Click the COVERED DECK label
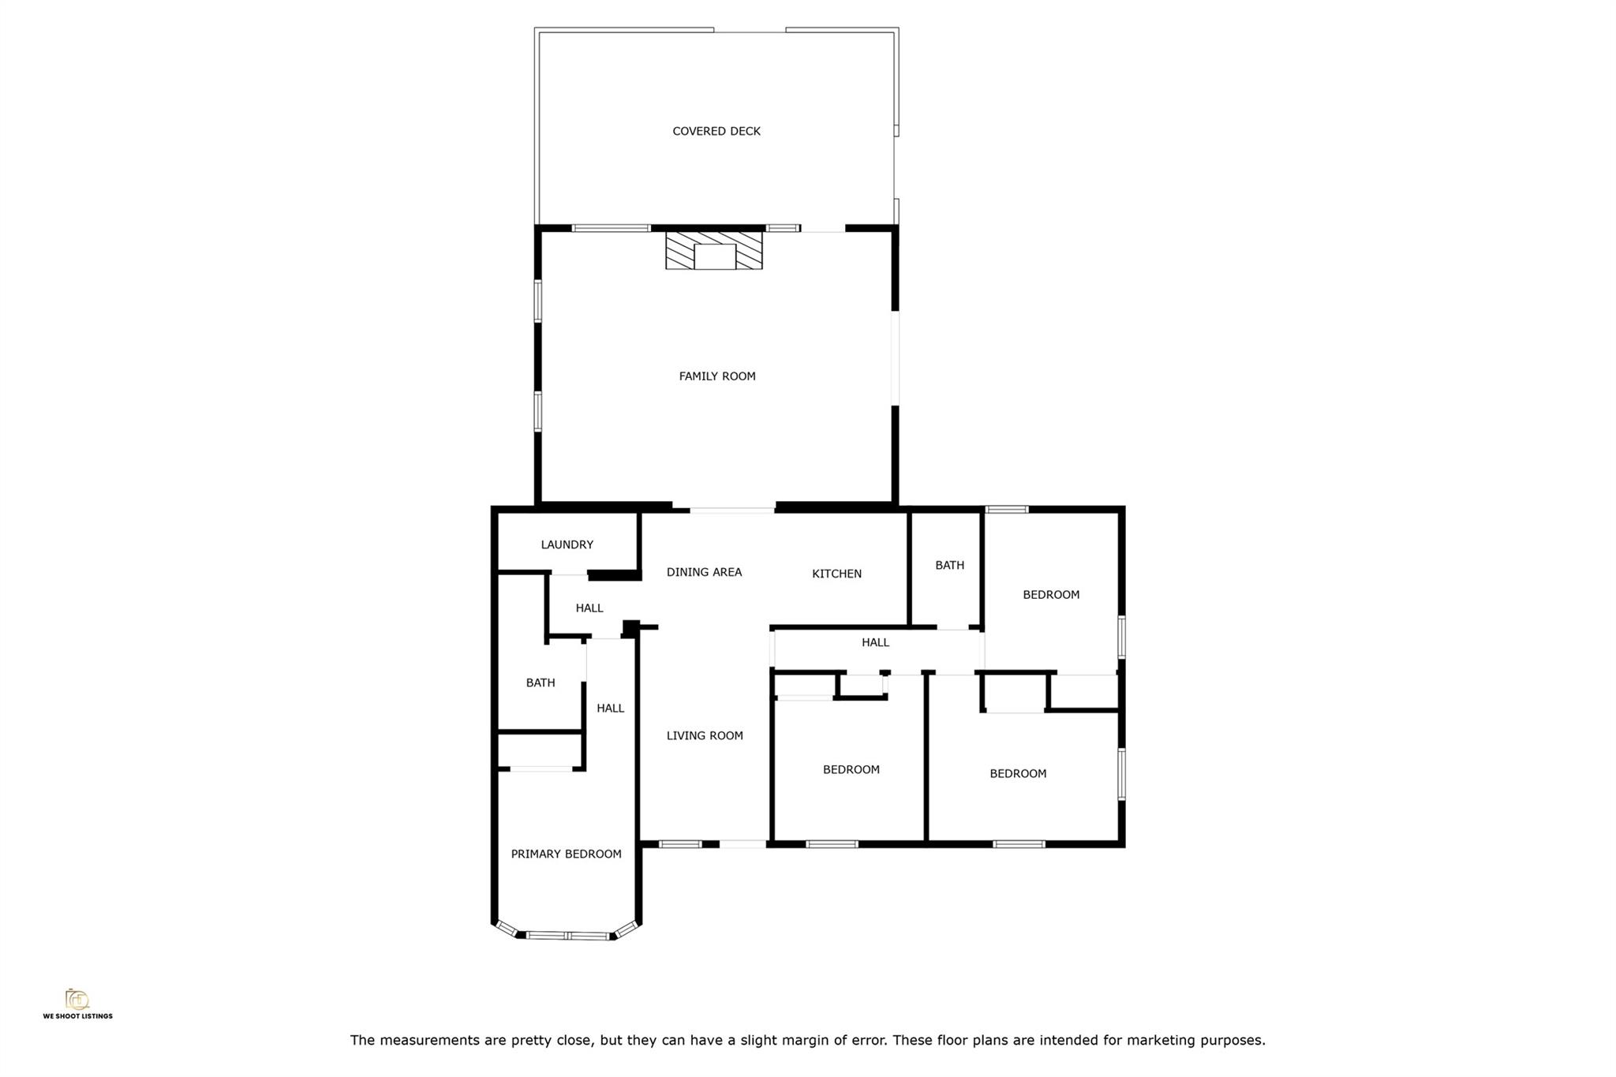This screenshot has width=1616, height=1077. pos(716,131)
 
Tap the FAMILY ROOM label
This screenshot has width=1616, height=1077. pos(716,376)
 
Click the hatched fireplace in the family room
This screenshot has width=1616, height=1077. pos(714,250)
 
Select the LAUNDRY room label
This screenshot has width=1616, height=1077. pos(567,544)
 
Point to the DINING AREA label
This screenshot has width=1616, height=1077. pos(704,572)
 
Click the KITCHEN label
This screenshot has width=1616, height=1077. pos(836,574)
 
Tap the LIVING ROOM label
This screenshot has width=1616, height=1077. pos(704,735)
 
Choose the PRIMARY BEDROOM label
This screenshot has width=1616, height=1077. pos(566,854)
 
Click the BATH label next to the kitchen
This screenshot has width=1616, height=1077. pos(949,565)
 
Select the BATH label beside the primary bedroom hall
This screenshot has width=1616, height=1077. pos(541,682)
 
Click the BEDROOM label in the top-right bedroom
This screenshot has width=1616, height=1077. pos(1050,595)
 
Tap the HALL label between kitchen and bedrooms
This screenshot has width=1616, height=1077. pos(875,642)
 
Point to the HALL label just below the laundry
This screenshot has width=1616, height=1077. pos(589,608)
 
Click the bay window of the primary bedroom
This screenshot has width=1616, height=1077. pos(567,936)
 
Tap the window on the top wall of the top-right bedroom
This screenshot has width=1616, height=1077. pos(1007,510)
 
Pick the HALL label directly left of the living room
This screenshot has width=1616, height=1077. pos(610,709)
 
